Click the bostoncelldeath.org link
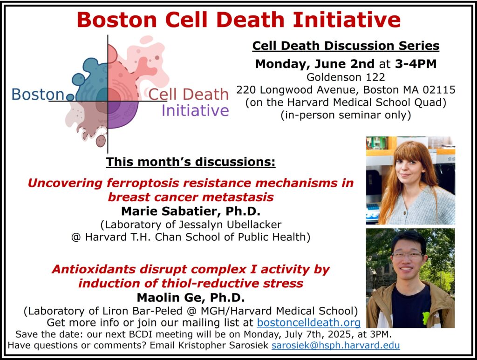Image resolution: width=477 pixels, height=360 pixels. point(309,322)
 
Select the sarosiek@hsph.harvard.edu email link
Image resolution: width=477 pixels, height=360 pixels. point(335,346)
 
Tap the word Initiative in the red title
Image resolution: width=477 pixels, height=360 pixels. point(347,20)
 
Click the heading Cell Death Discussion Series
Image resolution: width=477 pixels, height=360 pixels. point(346,46)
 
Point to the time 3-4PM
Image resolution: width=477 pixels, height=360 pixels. point(416,64)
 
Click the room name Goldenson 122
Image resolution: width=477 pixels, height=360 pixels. point(346,77)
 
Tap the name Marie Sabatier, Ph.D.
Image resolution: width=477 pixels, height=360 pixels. point(191,211)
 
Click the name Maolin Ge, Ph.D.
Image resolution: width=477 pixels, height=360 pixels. point(191,298)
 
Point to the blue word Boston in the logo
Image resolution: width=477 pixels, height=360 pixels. point(38,94)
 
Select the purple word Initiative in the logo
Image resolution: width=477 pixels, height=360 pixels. point(195,110)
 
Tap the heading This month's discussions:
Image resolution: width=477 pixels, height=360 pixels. point(191,162)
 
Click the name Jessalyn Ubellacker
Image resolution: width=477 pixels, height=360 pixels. point(230,224)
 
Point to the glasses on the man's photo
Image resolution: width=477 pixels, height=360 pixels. point(408,255)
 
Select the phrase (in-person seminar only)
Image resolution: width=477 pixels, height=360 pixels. point(346,115)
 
